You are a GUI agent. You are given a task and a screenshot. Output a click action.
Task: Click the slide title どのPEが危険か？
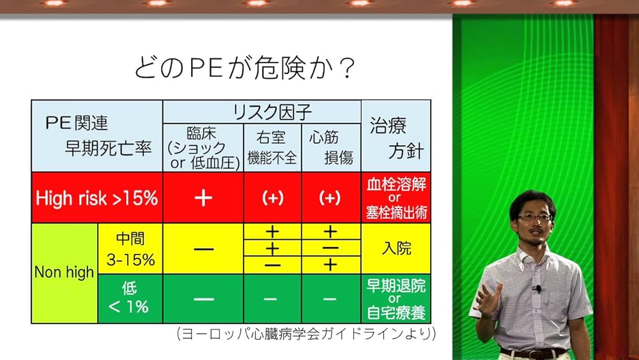(x=245, y=67)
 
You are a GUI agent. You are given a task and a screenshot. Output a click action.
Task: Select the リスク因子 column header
(x=262, y=112)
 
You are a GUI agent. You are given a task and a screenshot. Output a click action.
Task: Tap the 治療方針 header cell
(x=396, y=136)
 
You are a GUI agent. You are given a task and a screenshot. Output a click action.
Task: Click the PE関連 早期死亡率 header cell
(x=97, y=136)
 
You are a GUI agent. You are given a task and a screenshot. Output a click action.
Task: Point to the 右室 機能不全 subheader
(x=272, y=148)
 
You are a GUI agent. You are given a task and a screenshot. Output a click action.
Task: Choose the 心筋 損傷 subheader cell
(x=331, y=148)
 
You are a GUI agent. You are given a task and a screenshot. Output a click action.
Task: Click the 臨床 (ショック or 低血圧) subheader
(x=203, y=148)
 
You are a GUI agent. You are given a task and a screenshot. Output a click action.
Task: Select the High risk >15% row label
(x=97, y=198)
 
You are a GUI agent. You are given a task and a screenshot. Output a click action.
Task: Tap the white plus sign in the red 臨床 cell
(x=203, y=198)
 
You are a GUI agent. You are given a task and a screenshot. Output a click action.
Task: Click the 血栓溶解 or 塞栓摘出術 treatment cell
(x=396, y=198)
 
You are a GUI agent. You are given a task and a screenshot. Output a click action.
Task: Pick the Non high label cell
(x=65, y=273)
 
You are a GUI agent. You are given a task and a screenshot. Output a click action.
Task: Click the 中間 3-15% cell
(x=130, y=249)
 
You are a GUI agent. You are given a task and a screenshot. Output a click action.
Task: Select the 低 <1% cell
(x=130, y=299)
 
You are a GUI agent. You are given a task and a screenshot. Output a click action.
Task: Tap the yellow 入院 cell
(x=396, y=249)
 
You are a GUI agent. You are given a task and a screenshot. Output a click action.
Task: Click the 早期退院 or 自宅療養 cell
(x=396, y=299)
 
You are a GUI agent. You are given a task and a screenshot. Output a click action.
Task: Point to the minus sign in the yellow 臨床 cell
(x=204, y=249)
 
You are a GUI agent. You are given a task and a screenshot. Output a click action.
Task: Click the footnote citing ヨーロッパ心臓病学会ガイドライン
(x=307, y=334)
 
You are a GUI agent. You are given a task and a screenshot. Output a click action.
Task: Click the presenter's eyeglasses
(x=534, y=217)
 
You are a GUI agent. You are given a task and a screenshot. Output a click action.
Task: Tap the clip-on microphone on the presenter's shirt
(x=537, y=288)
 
